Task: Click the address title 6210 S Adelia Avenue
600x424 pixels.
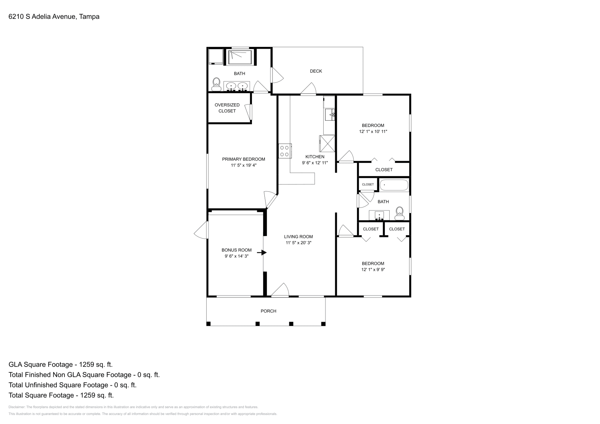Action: (x=54, y=16)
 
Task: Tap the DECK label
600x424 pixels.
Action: (x=316, y=71)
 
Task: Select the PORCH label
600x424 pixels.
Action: (x=268, y=311)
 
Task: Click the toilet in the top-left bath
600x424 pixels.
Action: (x=216, y=84)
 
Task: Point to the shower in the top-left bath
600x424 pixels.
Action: (x=240, y=57)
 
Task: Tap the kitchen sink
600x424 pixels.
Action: (x=330, y=114)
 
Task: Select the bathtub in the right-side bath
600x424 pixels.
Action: (x=394, y=185)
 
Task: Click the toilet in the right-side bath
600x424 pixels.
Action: (x=400, y=213)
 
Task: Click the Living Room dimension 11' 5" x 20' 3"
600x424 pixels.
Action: (x=298, y=243)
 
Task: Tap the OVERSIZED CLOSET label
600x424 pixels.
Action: (x=227, y=108)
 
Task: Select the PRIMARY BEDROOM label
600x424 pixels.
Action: (x=243, y=159)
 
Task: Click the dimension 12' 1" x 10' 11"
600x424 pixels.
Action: (x=373, y=131)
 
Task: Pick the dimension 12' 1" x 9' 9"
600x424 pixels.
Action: (x=373, y=269)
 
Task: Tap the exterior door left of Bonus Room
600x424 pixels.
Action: (x=202, y=230)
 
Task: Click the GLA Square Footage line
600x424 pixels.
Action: (x=61, y=364)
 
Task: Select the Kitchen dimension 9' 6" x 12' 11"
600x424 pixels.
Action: (x=315, y=163)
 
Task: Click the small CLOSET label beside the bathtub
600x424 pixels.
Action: (x=368, y=184)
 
